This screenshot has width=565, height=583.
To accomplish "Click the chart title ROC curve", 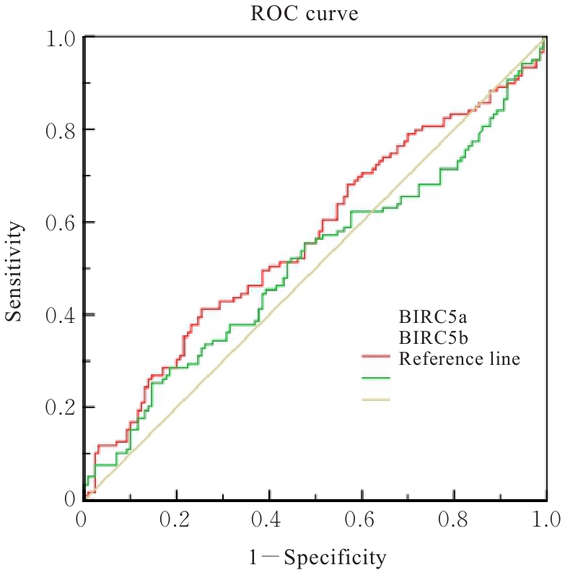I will click(x=315, y=14).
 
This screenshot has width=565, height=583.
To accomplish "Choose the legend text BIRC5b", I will click(x=430, y=337).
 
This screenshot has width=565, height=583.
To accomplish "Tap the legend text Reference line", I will click(x=459, y=358).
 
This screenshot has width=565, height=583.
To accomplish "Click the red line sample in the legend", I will click(x=375, y=357).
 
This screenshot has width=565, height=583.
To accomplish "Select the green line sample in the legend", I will click(x=375, y=378).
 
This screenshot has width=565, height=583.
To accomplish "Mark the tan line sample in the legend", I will click(x=375, y=399).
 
